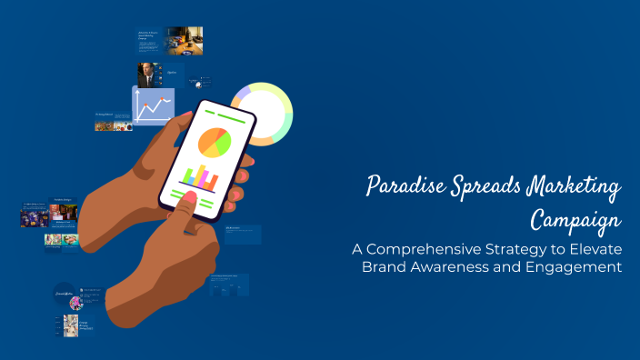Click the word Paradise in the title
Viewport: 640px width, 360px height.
pyautogui.click(x=398, y=187)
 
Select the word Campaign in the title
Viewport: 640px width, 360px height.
pyautogui.click(x=575, y=219)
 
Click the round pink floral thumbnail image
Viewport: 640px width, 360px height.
pyautogui.click(x=76, y=303)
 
